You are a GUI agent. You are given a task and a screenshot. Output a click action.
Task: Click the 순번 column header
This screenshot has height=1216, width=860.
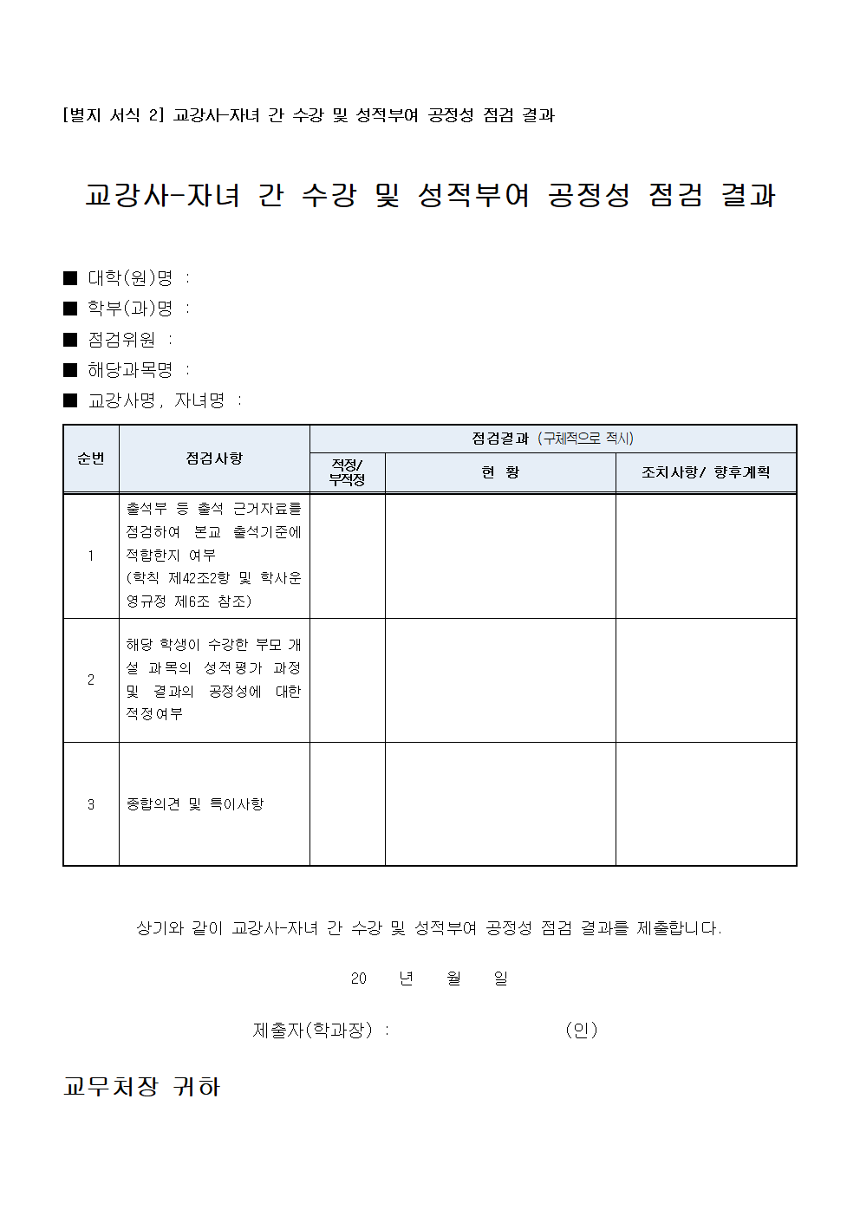tap(91, 458)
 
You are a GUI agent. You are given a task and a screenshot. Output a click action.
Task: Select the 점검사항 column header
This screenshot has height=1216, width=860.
tap(214, 458)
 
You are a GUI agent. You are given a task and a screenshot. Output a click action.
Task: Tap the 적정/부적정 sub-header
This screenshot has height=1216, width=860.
tap(347, 472)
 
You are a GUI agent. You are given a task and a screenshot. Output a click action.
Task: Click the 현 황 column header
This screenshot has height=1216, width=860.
tap(500, 472)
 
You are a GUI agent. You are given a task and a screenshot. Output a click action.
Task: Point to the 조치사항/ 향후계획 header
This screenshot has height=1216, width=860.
tap(706, 472)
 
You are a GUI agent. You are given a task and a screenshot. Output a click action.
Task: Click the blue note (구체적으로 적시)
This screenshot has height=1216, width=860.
tap(586, 439)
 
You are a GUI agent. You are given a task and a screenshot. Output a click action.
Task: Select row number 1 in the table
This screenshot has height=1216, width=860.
tap(91, 556)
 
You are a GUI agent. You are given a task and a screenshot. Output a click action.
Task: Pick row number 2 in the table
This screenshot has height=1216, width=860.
tap(91, 680)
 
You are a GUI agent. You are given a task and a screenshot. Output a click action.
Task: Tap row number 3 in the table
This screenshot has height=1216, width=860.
tap(91, 804)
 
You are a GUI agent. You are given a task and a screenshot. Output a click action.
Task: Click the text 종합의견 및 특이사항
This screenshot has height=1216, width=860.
tap(195, 804)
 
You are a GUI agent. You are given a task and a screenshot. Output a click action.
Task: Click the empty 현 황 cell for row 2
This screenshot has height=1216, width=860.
tap(500, 680)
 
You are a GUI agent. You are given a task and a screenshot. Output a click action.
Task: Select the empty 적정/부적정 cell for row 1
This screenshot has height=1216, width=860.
tap(347, 556)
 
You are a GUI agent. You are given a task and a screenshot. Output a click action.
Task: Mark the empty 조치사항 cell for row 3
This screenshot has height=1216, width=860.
tap(706, 804)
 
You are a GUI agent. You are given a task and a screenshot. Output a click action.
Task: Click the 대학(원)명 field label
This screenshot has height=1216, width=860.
tap(130, 278)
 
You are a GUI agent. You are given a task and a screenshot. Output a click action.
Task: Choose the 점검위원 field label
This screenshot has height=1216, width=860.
tap(121, 340)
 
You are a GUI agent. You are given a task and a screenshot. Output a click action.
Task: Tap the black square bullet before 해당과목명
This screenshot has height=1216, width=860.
tap(71, 370)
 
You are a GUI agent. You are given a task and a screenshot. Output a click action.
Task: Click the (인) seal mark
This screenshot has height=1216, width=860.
tap(581, 1030)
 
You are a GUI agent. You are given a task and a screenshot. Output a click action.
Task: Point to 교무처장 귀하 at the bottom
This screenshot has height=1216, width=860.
tap(142, 1087)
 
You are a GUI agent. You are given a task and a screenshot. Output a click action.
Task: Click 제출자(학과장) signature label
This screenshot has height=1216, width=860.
tap(312, 1030)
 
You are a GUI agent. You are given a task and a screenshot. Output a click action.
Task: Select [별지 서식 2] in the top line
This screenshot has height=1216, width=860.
tap(113, 115)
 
